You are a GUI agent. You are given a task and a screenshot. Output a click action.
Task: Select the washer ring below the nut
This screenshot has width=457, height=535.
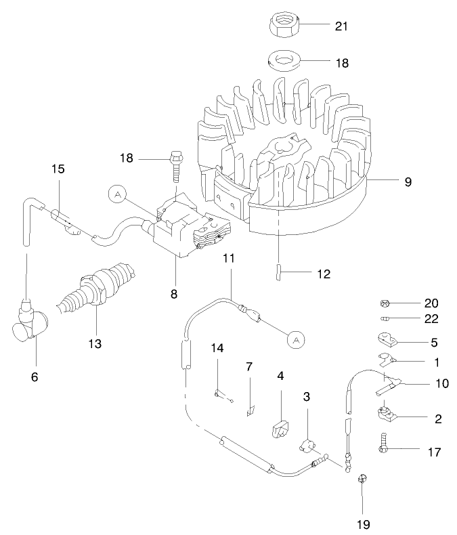[x=285, y=60]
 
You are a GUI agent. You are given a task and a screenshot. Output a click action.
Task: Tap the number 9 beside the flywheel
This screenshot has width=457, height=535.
[x=408, y=181]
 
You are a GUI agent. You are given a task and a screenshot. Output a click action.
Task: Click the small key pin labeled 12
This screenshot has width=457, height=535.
[x=279, y=271]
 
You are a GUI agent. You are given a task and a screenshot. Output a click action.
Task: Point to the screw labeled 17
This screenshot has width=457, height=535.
[x=384, y=446]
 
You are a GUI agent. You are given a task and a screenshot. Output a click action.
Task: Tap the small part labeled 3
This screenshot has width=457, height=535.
[x=308, y=446]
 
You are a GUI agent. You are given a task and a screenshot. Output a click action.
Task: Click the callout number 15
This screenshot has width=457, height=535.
[x=58, y=169]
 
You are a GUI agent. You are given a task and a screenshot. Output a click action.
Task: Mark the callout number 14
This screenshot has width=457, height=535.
[x=217, y=349]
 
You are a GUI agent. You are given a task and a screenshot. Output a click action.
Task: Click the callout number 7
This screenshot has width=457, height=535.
[x=249, y=366]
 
